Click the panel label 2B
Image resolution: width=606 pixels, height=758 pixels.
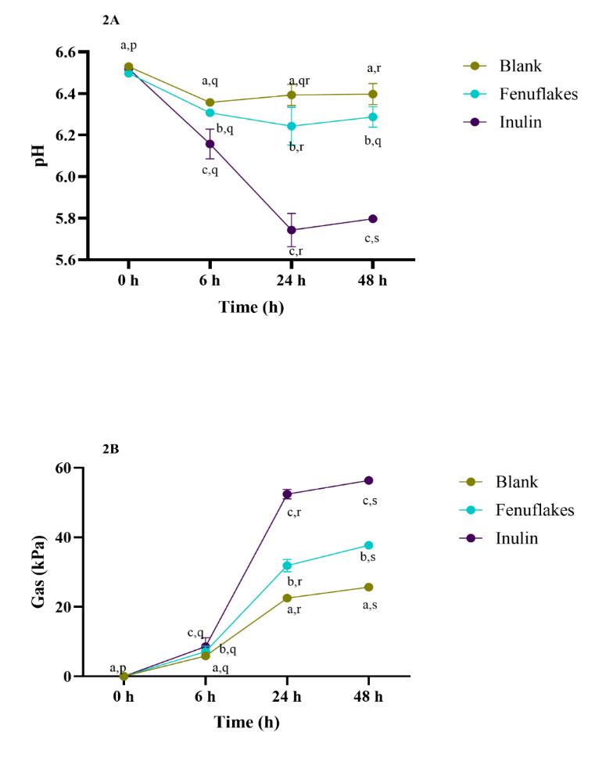(110, 450)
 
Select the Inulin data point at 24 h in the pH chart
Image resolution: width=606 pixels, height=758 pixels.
(292, 230)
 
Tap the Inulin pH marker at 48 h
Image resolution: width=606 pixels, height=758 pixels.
(372, 218)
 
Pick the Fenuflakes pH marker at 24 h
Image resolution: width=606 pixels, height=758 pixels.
(292, 126)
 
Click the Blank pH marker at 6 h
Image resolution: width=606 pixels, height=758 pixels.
(210, 102)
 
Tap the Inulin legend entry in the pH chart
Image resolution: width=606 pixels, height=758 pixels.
(512, 122)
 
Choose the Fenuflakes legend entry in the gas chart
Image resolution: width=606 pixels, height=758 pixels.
(534, 510)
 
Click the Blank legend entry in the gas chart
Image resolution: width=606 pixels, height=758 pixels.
(517, 482)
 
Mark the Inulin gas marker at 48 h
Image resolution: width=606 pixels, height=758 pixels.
(369, 480)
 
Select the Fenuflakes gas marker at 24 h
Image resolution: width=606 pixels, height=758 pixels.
(287, 565)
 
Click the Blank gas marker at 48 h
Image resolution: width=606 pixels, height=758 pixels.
(369, 587)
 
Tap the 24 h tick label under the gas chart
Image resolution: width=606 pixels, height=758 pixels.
(287, 694)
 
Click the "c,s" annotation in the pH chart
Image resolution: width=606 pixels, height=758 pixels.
(372, 238)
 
